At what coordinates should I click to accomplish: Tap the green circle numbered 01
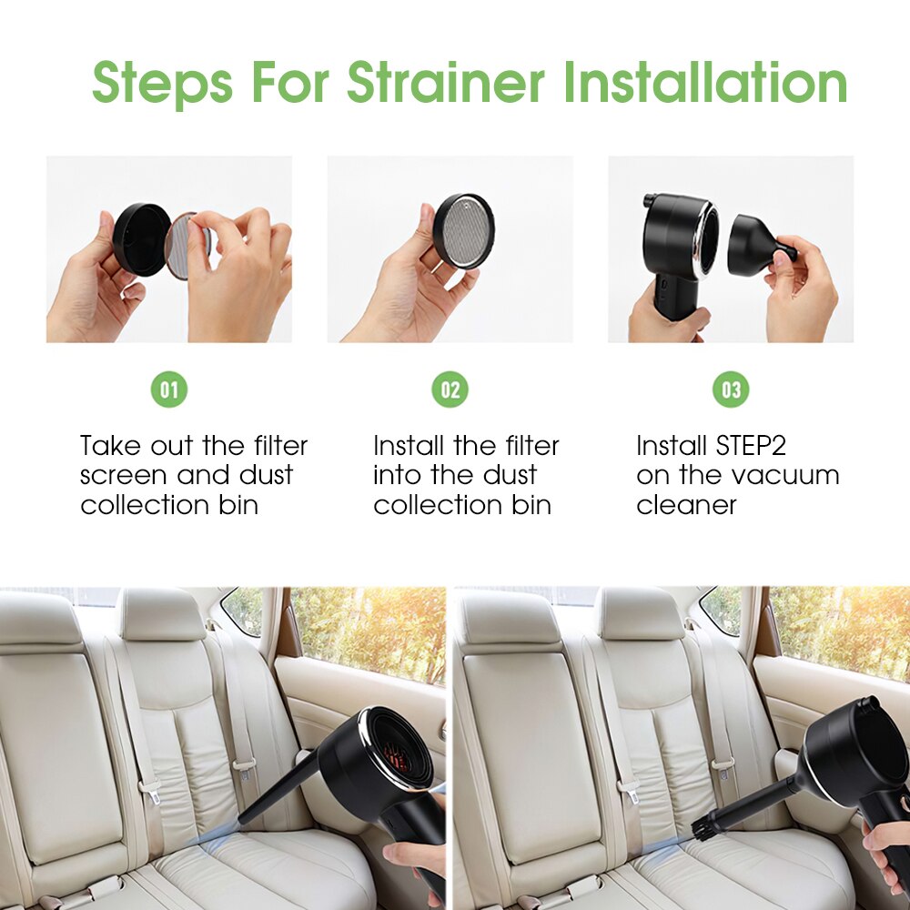click(169, 389)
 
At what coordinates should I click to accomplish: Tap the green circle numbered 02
click(450, 389)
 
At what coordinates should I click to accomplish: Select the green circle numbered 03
click(732, 389)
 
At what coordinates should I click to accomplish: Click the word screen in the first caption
click(124, 475)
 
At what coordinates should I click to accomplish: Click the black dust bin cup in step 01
click(139, 239)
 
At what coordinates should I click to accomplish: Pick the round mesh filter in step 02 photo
click(463, 230)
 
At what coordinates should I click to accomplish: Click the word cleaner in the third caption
click(686, 505)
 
